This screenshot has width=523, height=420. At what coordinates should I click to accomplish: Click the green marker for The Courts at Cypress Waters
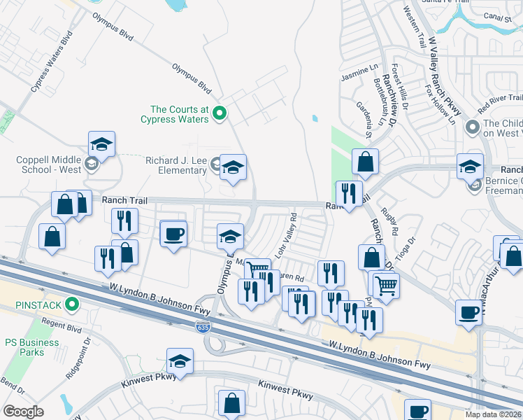pyautogui.click(x=220, y=113)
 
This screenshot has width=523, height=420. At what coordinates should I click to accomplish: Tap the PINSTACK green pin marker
pyautogui.click(x=71, y=304)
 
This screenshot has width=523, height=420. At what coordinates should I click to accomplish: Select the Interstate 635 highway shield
pyautogui.click(x=202, y=327)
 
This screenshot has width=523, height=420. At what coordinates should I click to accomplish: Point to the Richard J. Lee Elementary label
pyautogui.click(x=176, y=165)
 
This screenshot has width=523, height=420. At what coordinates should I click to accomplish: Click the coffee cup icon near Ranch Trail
pyautogui.click(x=173, y=234)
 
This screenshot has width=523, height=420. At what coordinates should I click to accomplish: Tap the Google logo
pyautogui.click(x=23, y=412)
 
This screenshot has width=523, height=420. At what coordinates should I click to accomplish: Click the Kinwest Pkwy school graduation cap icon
pyautogui.click(x=180, y=361)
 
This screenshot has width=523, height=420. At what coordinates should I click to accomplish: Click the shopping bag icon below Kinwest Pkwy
pyautogui.click(x=231, y=404)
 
